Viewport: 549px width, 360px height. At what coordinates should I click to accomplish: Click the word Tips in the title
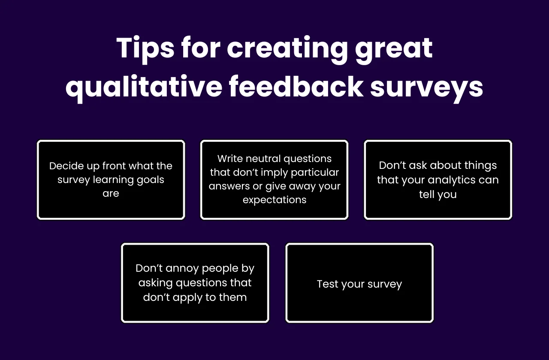point(145,48)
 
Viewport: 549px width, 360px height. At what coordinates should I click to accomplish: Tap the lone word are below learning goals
point(111,193)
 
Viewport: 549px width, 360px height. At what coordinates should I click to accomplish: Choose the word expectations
point(274,200)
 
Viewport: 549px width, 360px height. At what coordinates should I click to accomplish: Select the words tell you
point(437,194)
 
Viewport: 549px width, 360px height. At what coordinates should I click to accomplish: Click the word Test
point(327,284)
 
